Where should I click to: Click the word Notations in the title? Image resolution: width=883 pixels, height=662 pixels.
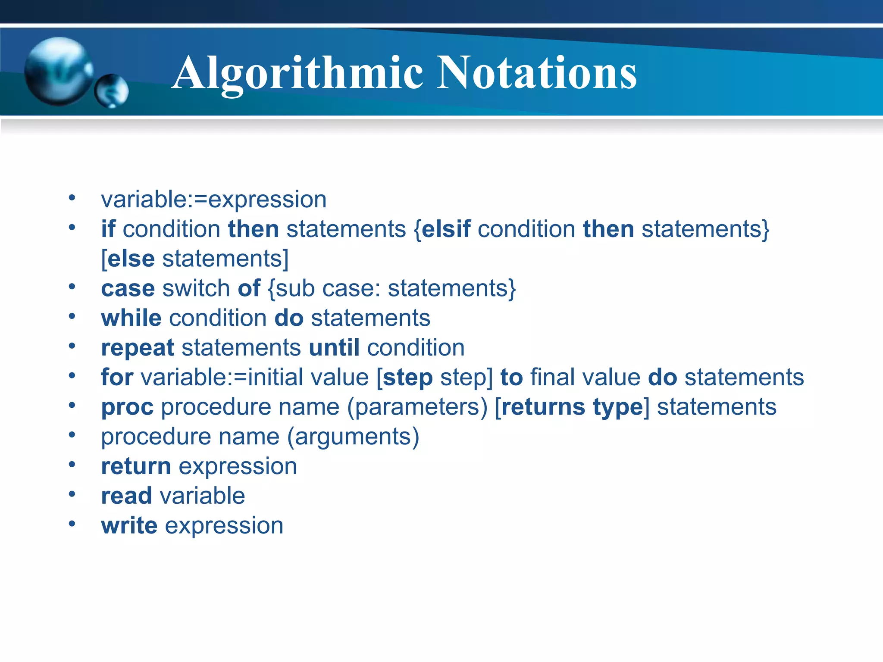click(x=537, y=73)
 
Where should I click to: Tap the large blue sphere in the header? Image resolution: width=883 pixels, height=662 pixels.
click(x=58, y=71)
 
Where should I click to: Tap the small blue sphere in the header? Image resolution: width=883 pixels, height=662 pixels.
click(x=112, y=91)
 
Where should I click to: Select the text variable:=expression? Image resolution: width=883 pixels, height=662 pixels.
click(x=213, y=200)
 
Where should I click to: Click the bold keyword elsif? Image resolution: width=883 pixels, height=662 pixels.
click(x=446, y=229)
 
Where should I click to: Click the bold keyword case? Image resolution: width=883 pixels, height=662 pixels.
click(x=128, y=288)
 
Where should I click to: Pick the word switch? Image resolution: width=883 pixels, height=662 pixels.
click(x=196, y=288)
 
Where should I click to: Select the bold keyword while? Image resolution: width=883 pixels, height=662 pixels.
click(x=131, y=318)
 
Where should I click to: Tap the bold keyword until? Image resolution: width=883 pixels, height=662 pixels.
click(x=334, y=348)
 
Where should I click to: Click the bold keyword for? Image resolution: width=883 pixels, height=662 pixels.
click(x=117, y=377)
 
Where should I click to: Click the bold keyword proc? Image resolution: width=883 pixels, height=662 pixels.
click(x=127, y=407)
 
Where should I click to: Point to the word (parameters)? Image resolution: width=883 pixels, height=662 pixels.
click(x=417, y=407)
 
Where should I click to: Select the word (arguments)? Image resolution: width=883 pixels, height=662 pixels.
click(x=353, y=437)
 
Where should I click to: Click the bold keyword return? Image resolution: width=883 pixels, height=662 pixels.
click(x=136, y=467)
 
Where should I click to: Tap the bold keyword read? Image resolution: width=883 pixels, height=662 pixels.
click(x=126, y=496)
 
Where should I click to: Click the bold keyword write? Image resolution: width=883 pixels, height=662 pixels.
click(x=129, y=526)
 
